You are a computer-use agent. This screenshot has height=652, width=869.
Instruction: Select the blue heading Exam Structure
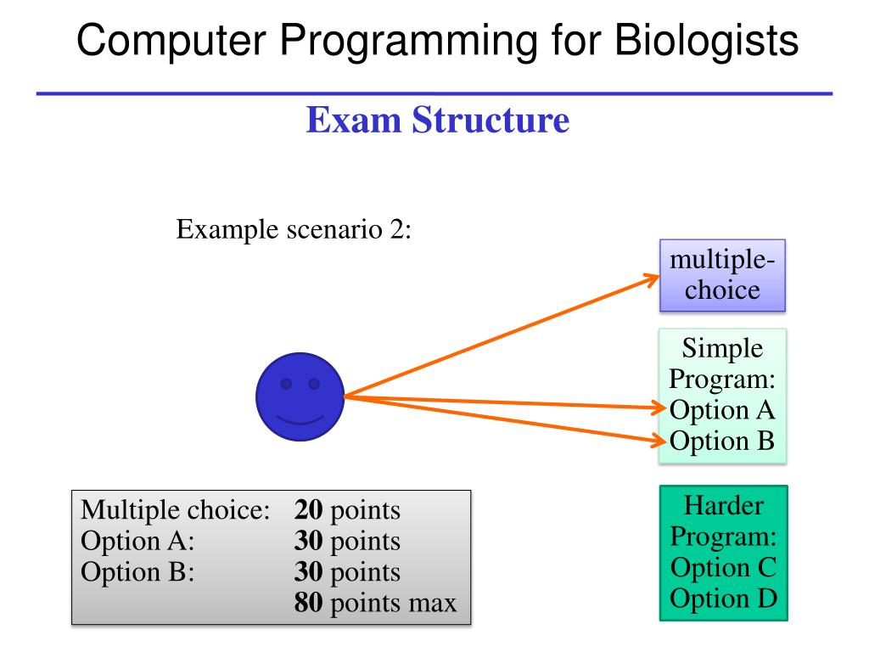click(x=437, y=121)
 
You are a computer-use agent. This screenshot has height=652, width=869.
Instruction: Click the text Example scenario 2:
click(x=294, y=230)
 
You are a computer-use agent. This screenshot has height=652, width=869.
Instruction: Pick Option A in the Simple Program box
click(x=722, y=410)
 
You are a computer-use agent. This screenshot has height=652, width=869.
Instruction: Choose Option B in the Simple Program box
click(x=722, y=441)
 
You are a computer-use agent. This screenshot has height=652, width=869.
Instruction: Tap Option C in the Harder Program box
click(x=724, y=567)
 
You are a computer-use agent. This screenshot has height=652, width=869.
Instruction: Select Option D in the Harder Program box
click(x=724, y=599)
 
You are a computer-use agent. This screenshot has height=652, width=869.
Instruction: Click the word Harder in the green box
click(x=724, y=507)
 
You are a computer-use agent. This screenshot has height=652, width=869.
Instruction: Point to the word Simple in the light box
click(x=723, y=348)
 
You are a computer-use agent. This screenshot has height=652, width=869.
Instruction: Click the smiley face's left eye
click(x=286, y=384)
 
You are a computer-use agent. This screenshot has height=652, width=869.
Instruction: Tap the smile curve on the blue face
click(x=300, y=419)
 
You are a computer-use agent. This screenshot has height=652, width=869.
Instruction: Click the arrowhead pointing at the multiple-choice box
click(x=654, y=278)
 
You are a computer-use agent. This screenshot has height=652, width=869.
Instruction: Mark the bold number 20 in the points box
click(x=309, y=512)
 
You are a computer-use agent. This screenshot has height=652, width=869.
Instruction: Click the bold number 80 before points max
click(x=309, y=604)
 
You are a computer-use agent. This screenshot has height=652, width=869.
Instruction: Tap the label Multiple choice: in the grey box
click(x=175, y=512)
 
